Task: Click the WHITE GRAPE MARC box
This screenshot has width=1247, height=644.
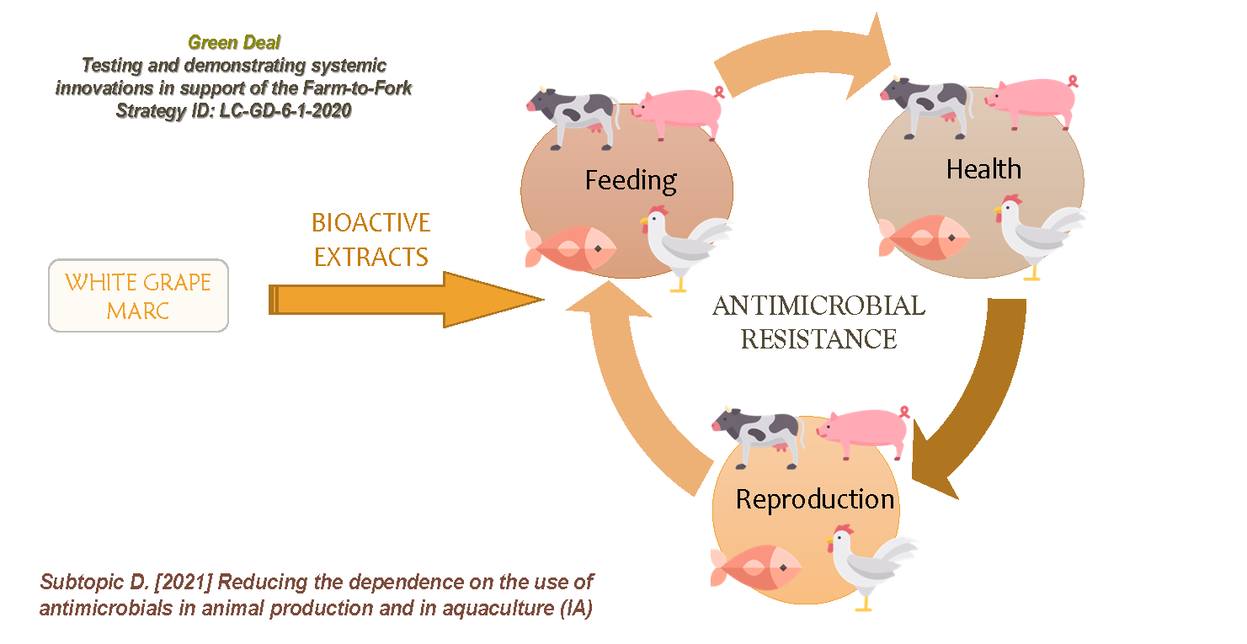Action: (138, 295)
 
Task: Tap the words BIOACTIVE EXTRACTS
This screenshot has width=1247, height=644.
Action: (370, 239)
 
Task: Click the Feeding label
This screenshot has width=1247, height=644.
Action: (631, 180)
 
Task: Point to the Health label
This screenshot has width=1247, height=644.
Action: (983, 169)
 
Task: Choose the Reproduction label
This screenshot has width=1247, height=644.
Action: (815, 499)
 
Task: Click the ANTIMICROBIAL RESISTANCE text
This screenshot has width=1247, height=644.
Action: (818, 322)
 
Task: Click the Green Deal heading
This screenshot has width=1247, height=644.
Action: (234, 43)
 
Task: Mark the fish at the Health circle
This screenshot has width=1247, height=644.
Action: (922, 238)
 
